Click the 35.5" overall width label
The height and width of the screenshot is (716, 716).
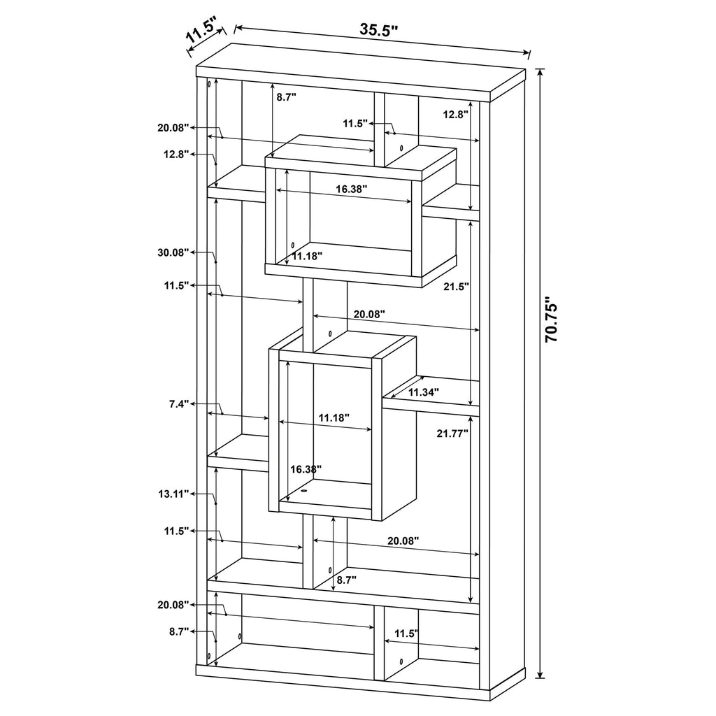(378, 29)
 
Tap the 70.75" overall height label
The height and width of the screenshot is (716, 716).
(551, 319)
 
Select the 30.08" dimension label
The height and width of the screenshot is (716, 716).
(173, 252)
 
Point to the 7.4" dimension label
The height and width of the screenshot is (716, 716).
(178, 404)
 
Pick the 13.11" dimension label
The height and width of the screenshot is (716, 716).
(173, 494)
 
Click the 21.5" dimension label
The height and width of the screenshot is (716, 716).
(456, 287)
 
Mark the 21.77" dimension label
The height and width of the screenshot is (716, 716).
(452, 434)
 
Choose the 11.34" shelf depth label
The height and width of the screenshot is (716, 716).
(423, 392)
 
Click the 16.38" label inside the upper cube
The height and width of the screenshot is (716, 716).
(352, 189)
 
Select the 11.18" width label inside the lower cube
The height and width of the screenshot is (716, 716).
(334, 417)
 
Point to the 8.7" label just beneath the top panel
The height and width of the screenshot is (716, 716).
(286, 97)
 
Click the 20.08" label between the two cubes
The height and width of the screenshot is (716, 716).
(369, 314)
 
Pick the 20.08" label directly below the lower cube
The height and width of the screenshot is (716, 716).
(403, 541)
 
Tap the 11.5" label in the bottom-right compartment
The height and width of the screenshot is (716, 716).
(406, 633)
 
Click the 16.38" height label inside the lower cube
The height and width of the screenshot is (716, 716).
(306, 469)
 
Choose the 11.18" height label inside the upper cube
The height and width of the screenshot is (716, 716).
(307, 256)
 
